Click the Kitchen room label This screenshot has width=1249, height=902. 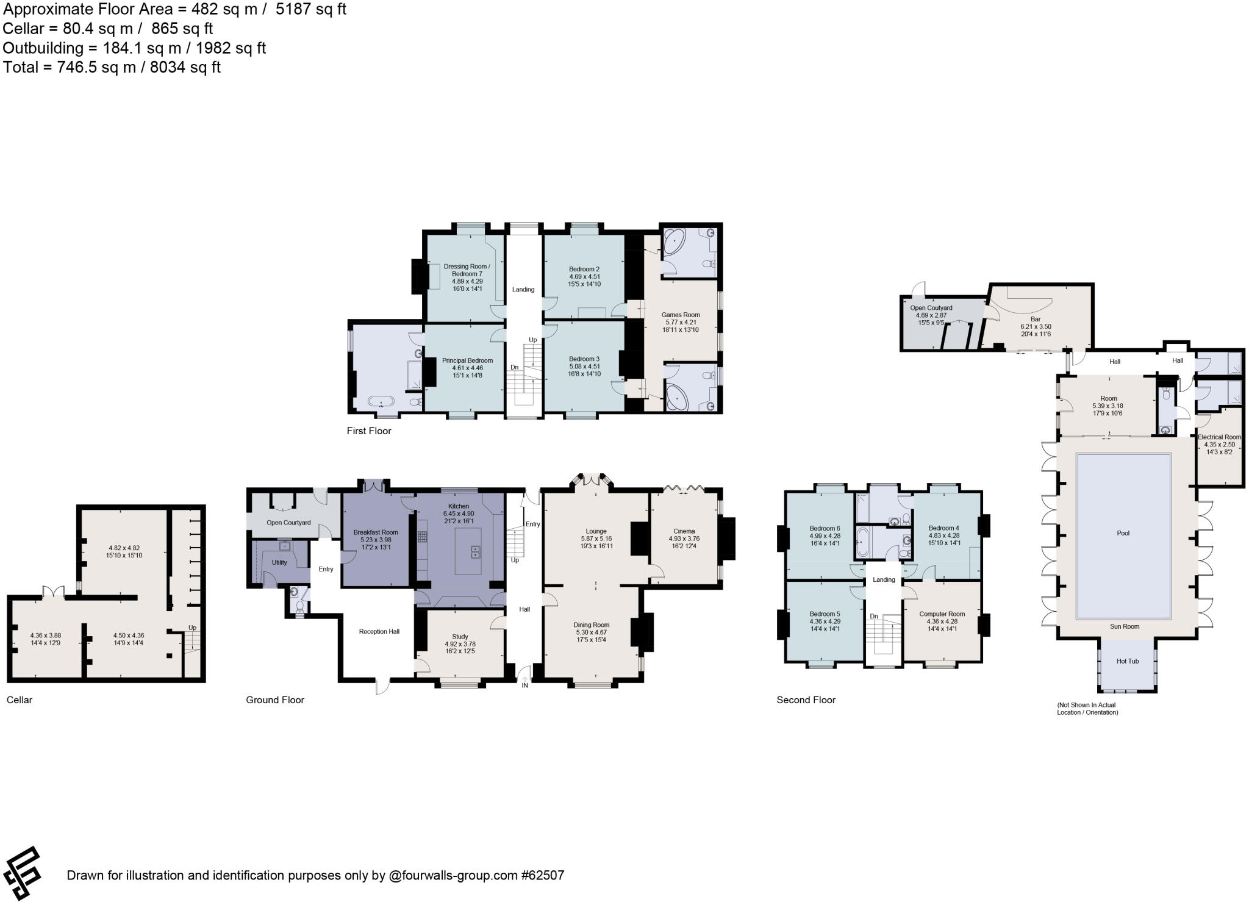(x=459, y=506)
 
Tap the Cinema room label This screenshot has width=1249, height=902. (x=684, y=531)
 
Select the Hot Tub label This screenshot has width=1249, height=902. (x=1127, y=661)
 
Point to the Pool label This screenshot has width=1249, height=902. (x=1123, y=533)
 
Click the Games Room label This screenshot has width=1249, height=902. (x=681, y=315)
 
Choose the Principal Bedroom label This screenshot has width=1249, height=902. (x=467, y=360)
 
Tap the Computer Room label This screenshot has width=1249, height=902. (x=942, y=614)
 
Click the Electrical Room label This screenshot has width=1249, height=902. (x=1219, y=437)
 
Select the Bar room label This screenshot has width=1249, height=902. (x=1036, y=319)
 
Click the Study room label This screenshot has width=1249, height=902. (x=460, y=637)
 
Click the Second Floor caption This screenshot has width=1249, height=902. (x=806, y=700)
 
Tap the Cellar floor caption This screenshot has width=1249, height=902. (x=20, y=700)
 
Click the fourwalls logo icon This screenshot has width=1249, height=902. (x=22, y=874)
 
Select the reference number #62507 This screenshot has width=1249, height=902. (x=542, y=876)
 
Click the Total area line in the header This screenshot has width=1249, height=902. (x=112, y=67)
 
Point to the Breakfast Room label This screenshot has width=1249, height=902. (x=376, y=532)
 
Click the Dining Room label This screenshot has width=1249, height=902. (x=591, y=625)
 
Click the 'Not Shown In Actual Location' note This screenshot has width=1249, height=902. (x=1087, y=708)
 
